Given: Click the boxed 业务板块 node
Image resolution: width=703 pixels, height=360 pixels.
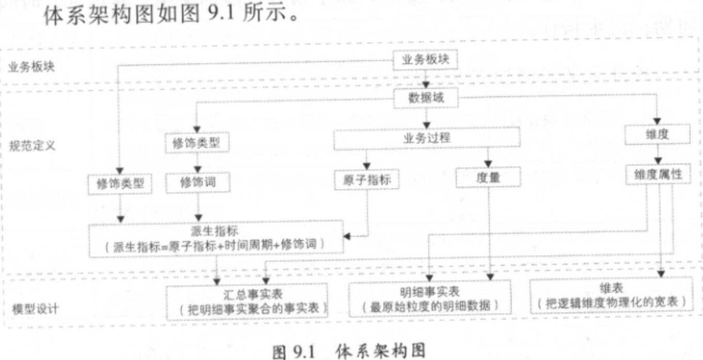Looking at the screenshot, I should pos(425,59).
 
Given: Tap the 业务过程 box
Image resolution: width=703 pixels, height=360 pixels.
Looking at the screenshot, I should pos(426,138).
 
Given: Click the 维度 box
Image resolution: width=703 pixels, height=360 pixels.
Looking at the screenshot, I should pos(658,135).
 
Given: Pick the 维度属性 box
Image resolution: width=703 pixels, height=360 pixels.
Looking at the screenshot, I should pos(658,174).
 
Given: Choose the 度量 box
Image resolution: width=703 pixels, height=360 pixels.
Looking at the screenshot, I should pos(487,178).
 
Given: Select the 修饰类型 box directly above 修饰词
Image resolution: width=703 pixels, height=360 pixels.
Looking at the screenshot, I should pos(196,143).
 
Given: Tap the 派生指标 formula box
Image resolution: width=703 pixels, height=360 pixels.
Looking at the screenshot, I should pos(216,238).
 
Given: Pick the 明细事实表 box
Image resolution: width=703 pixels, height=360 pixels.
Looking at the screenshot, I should pos(430,299).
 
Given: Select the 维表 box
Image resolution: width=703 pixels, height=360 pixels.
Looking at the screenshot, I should pos(610,295).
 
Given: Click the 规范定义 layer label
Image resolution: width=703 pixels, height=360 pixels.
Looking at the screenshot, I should pos(32,145).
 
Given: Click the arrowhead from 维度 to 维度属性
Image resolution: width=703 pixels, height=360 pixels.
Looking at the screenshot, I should pos(658,161).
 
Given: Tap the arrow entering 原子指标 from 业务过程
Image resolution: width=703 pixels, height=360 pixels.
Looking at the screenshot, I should pos(366,166).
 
